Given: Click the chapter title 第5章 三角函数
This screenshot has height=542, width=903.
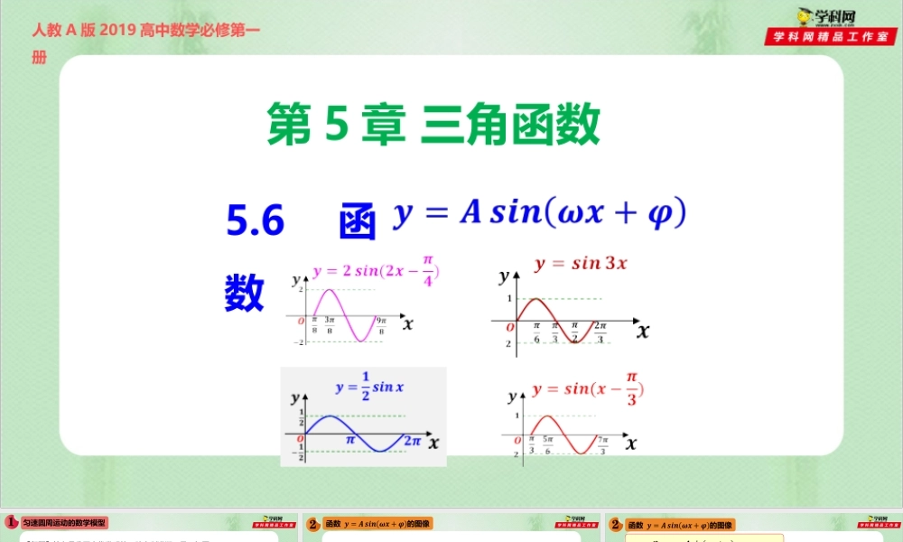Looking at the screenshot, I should pos(433,126).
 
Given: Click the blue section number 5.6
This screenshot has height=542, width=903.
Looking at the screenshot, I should pos(256,220).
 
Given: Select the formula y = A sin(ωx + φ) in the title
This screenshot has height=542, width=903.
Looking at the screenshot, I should pos(540,213).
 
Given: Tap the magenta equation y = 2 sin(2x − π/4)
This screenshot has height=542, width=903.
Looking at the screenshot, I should pos(376,272).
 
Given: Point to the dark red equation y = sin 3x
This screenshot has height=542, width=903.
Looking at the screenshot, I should pos(581,264).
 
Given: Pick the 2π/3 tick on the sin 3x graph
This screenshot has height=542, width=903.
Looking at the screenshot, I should pos(600,332).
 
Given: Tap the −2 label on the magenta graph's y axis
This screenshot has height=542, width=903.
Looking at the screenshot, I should pos(296,342).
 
